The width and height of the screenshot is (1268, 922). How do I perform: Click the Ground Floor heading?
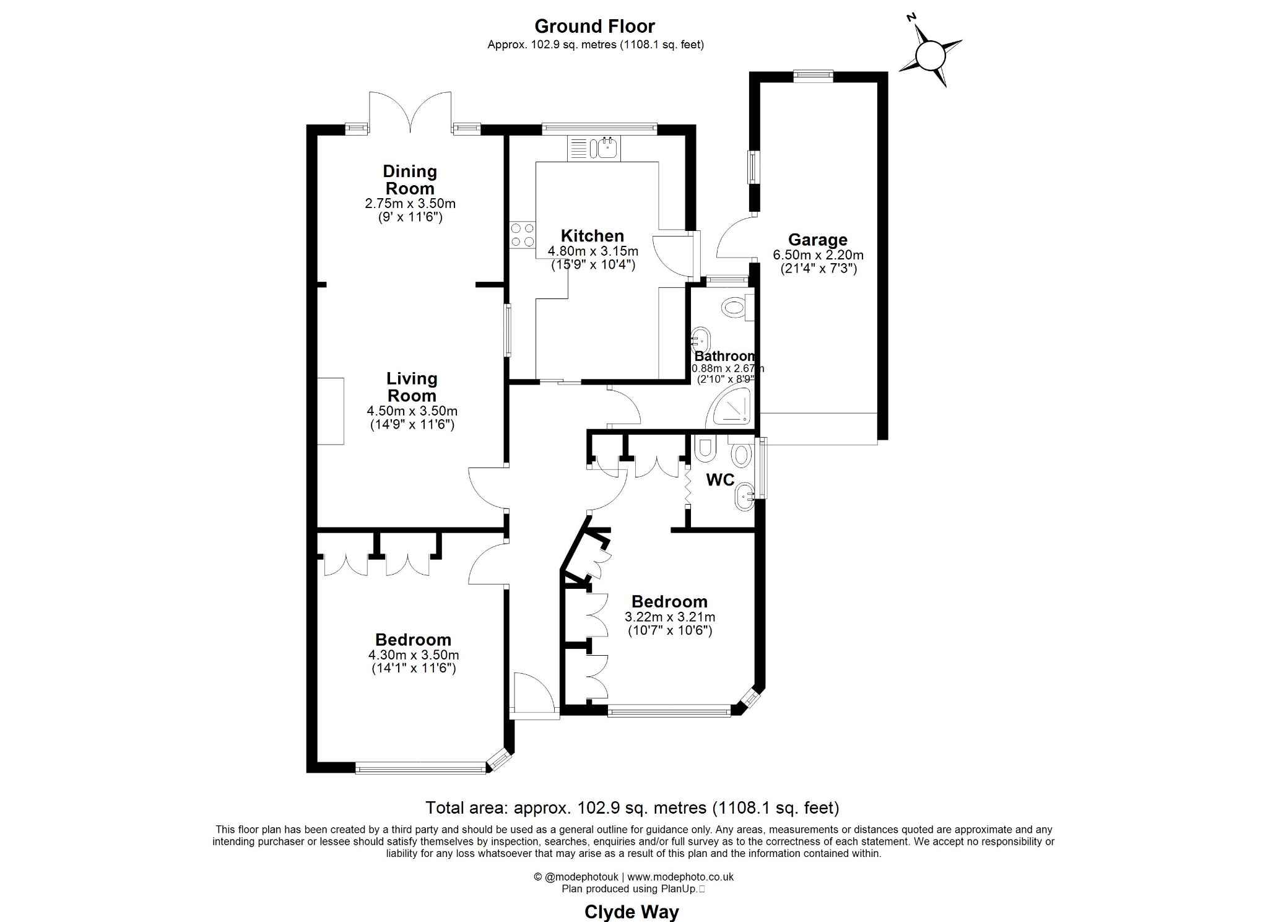click(594, 26)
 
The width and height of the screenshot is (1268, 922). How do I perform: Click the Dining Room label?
click(410, 180)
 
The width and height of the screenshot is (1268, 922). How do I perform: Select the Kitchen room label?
click(593, 236)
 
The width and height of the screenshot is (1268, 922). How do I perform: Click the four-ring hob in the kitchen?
click(523, 235)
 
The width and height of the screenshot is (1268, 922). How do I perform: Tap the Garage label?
click(817, 240)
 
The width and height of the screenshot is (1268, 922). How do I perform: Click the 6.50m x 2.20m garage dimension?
click(818, 254)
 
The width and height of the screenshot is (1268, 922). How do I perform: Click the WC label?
click(720, 480)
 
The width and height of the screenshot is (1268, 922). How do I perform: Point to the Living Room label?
click(411, 387)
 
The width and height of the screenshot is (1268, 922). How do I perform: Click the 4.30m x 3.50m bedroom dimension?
click(414, 655)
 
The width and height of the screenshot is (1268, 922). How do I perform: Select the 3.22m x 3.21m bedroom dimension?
click(670, 617)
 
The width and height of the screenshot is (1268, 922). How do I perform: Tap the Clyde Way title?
click(632, 912)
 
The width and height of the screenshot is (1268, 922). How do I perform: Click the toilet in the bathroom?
click(735, 308)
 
